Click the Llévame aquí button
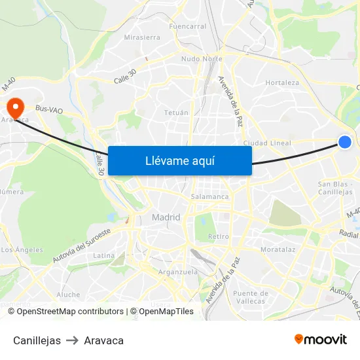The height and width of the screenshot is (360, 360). click(x=180, y=160)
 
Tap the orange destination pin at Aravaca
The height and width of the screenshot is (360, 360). click(x=14, y=106)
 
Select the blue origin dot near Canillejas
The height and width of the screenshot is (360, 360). click(x=345, y=142)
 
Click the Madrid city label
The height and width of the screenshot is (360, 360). click(x=166, y=217)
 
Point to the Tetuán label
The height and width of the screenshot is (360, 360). click(x=176, y=113)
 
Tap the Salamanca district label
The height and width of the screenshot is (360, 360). click(x=209, y=196)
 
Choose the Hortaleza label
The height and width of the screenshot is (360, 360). click(x=282, y=83)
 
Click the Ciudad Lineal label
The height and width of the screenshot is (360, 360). click(x=267, y=143)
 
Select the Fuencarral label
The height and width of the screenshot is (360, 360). click(x=188, y=27)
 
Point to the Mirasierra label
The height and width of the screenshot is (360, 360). click(x=142, y=37)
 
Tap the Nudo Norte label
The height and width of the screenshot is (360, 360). click(x=202, y=59)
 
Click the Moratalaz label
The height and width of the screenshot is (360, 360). click(x=278, y=250)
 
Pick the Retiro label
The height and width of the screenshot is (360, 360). click(x=218, y=236)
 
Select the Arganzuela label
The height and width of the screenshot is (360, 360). click(x=178, y=272)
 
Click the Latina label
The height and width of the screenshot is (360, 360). click(x=104, y=255)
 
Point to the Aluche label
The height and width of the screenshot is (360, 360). click(x=68, y=295)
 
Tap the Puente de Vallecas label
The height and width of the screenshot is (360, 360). click(x=249, y=297)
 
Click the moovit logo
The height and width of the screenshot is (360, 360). click(x=321, y=339)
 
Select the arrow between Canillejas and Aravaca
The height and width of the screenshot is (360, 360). click(x=72, y=340)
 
